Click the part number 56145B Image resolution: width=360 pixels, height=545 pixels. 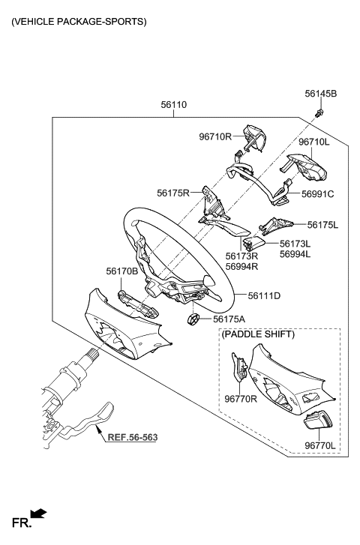pos(320,94)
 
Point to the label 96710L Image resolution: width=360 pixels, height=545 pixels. pos(313,141)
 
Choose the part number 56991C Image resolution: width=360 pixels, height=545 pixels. pos(317,193)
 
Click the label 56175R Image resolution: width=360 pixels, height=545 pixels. pos(173,193)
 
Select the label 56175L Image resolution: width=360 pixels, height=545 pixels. pos(323,224)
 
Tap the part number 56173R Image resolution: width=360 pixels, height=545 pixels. pos(241,255)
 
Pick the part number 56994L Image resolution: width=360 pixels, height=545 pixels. pos(295,254)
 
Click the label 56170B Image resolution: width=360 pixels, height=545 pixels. pos(121,272)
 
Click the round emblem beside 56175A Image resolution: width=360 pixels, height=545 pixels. pos(193,320)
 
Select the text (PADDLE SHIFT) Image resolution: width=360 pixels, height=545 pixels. pos(259,334)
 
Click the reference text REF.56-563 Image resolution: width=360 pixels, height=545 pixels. pos(132,436)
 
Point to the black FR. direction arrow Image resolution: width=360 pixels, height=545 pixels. pos(39,514)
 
